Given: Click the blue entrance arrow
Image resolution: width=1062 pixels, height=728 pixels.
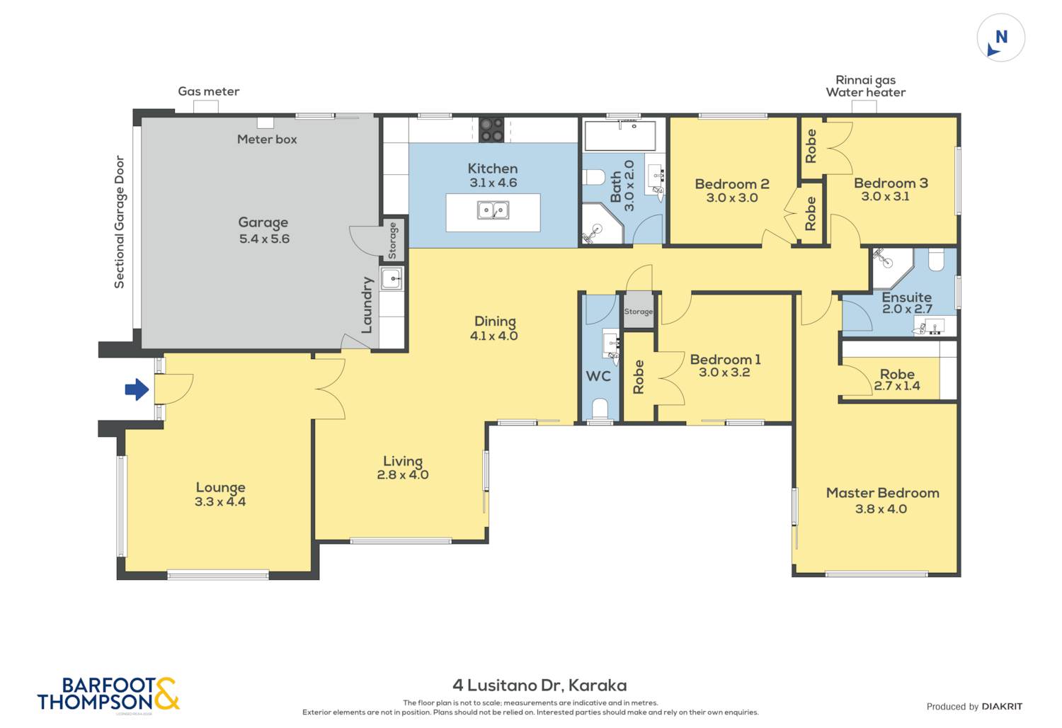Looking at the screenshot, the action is click(x=137, y=389).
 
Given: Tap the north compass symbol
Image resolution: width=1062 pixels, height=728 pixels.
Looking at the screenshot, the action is click(x=1001, y=38).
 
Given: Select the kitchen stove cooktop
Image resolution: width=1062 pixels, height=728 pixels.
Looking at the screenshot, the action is click(x=491, y=130).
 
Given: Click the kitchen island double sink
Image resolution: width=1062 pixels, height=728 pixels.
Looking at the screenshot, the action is click(x=493, y=210).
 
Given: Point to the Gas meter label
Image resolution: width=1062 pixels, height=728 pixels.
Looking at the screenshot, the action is click(x=209, y=91).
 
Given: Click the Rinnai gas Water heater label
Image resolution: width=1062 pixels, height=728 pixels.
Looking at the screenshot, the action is click(x=866, y=86).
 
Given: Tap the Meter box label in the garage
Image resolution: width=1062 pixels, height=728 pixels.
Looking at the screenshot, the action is click(x=267, y=140).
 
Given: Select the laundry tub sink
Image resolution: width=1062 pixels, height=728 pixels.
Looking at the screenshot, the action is click(x=392, y=278).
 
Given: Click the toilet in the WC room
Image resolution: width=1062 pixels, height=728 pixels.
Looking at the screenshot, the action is click(x=600, y=409).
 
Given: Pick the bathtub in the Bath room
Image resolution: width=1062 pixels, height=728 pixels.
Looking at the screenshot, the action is click(x=620, y=136).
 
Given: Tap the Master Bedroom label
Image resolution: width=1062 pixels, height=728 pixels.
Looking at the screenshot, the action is click(x=882, y=493).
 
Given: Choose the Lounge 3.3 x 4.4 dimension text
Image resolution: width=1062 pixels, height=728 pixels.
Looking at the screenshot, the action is click(x=220, y=502).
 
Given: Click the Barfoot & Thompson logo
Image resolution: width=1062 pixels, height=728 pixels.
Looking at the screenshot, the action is click(x=108, y=693).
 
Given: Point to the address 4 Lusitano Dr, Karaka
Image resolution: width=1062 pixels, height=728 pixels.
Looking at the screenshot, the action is click(x=539, y=686).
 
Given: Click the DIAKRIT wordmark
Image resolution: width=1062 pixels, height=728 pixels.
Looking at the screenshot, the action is click(x=1003, y=707).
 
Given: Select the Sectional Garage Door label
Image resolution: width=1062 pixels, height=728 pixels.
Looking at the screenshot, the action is click(x=119, y=222).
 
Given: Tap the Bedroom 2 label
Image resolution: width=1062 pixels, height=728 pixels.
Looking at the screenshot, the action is click(x=732, y=184).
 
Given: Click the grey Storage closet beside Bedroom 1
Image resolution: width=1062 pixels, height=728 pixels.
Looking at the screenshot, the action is click(x=638, y=311).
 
